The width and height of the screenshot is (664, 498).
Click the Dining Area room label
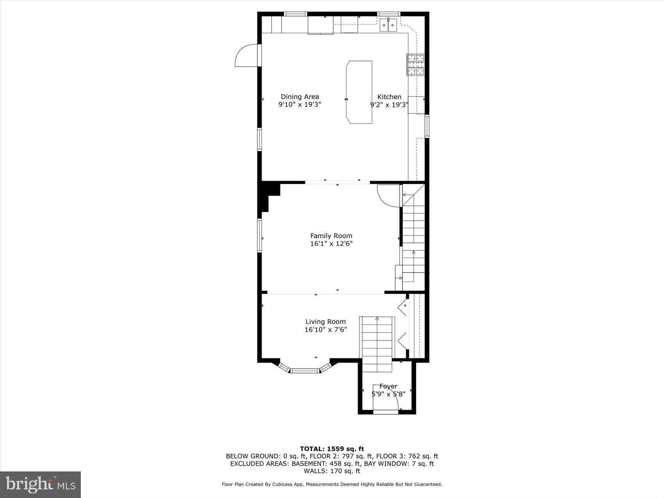[x=300, y=97]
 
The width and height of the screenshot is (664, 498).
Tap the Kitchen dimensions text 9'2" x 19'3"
[x=389, y=105]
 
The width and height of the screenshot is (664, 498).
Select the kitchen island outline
[x=359, y=92]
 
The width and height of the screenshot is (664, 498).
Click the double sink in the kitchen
[x=388, y=25]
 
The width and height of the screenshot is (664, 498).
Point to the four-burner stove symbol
[x=416, y=64]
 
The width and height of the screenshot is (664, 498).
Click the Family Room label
[x=331, y=236]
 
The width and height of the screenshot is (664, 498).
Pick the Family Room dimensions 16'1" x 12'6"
[x=331, y=244]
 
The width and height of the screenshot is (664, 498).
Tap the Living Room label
[x=325, y=322]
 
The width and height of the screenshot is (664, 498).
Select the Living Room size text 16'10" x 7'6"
[x=325, y=330]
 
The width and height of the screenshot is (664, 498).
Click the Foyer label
[x=388, y=386]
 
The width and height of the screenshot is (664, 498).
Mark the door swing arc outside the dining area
[x=245, y=55]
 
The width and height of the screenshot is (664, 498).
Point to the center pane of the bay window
[x=305, y=370]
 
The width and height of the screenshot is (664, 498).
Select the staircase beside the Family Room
[x=413, y=234]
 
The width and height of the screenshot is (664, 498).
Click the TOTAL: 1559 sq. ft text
[x=332, y=449]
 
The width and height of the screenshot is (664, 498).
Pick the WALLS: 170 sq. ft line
[x=332, y=471]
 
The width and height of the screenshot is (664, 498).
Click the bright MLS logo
[x=41, y=484]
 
